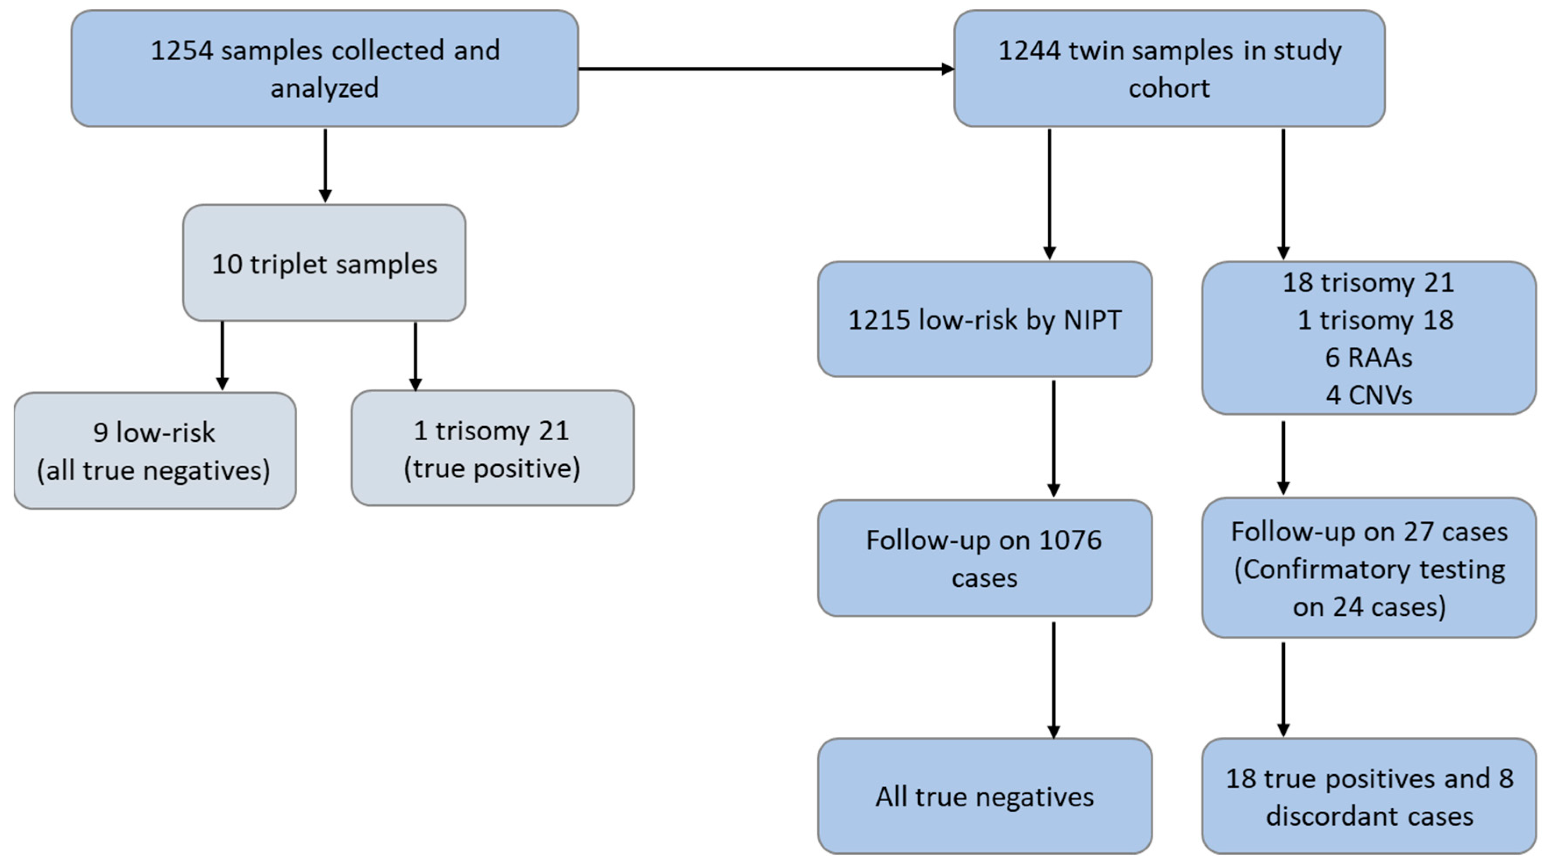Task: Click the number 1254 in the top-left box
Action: click(x=182, y=50)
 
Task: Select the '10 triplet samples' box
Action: click(x=324, y=263)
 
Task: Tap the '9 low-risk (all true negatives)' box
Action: click(x=154, y=451)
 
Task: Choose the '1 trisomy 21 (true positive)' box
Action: click(x=492, y=449)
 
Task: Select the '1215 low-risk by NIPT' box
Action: click(x=984, y=319)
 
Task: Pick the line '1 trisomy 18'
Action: click(x=1375, y=320)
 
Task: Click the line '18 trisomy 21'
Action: click(x=1368, y=282)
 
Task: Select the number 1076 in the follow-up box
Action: click(x=1070, y=540)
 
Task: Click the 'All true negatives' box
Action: click(x=984, y=796)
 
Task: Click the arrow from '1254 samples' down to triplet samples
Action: click(x=325, y=165)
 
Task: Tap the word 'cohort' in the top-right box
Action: click(x=1169, y=88)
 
